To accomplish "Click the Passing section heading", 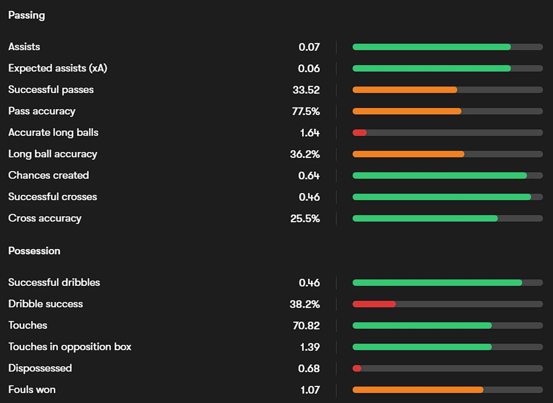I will pos(27,15).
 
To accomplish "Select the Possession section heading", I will pos(34,251).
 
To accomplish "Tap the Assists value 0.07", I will pos(309,47).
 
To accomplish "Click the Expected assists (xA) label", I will pos(58,68).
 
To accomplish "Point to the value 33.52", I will pos(306,90).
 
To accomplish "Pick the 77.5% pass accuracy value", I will pos(306,111).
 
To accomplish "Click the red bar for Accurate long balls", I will pos(359,133).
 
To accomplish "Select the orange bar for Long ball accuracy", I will pos(408,154).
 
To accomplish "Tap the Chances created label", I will pos(48,175).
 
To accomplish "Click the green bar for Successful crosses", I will pos(442,197).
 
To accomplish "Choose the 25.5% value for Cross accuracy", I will pos(305,219).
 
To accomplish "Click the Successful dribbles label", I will pos(54,283).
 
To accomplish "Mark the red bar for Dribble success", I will pos(374,304).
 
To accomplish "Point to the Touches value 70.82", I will pos(306,325).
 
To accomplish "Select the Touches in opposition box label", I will pos(70,347).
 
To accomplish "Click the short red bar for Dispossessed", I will pos(357,368).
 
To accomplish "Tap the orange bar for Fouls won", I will pos(418,390).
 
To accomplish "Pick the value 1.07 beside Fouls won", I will pos(310,390).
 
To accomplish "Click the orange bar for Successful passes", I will pos(405,90).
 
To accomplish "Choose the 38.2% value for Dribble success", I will pos(305,304).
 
